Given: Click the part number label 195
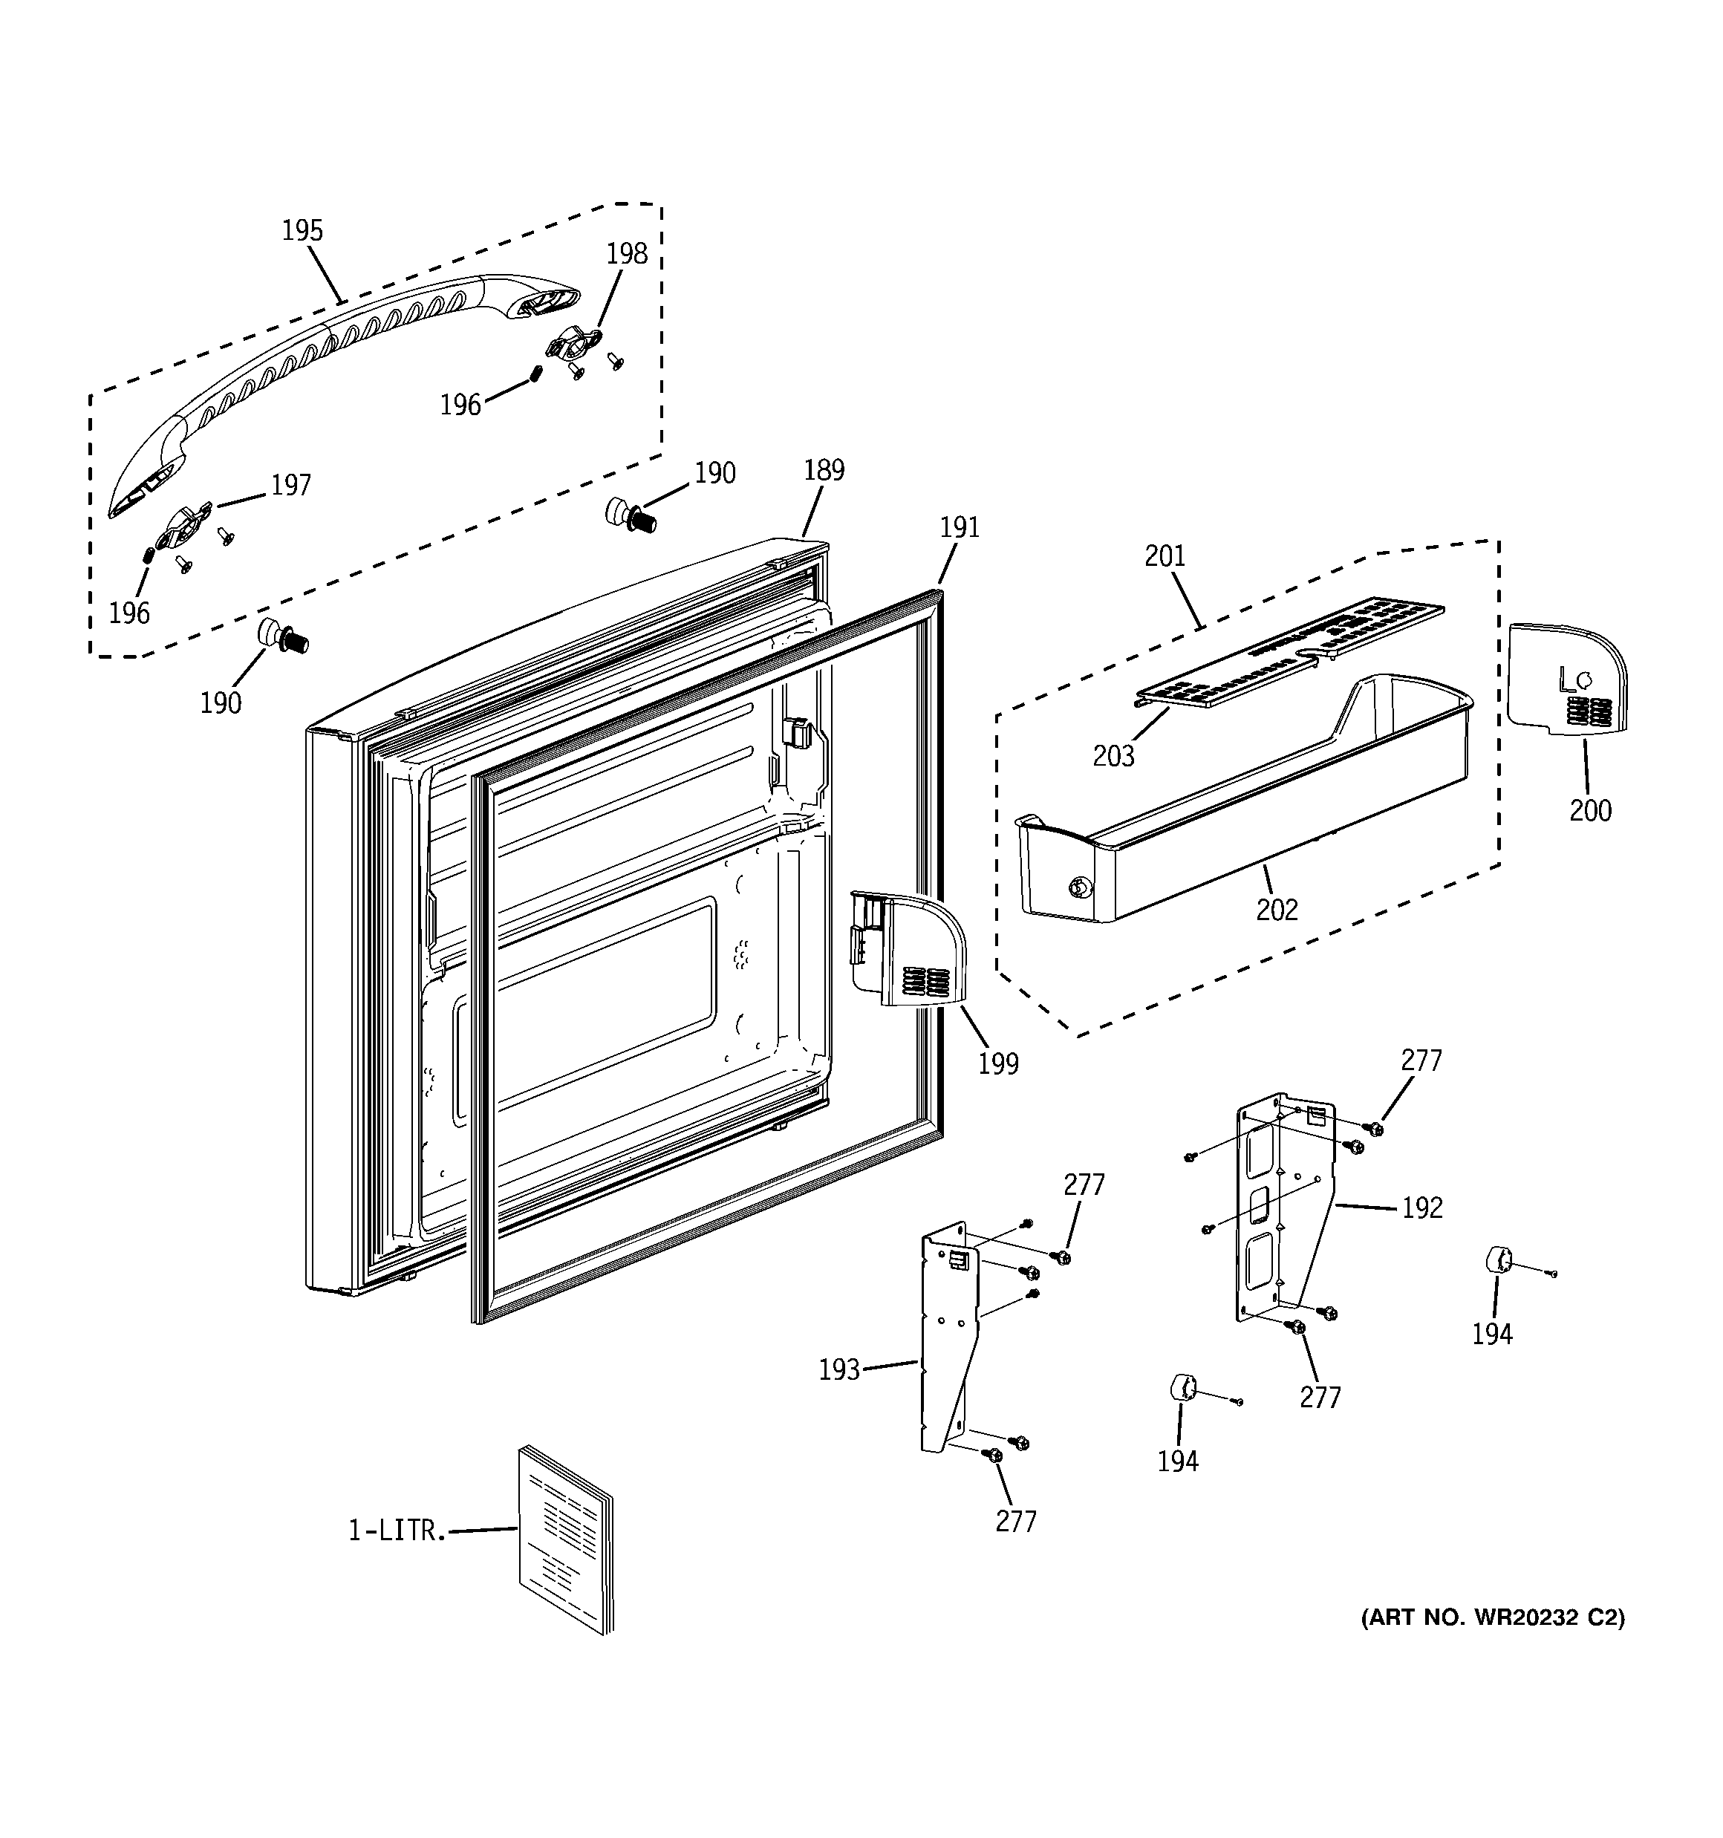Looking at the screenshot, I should [302, 230].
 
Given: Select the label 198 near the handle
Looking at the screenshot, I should [626, 253].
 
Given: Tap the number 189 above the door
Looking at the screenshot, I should [823, 471].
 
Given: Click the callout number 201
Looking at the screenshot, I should [1165, 556].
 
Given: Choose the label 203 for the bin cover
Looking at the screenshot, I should [1113, 756].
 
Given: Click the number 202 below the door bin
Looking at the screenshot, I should [1277, 910].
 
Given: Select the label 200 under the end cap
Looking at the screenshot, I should [1590, 811].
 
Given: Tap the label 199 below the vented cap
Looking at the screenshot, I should [998, 1064].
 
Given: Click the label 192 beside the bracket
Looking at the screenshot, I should [1421, 1208].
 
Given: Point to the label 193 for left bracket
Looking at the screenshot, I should [838, 1369].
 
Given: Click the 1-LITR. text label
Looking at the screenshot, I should [397, 1530].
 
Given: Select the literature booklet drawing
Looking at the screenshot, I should [565, 1539].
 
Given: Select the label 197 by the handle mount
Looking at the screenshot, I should [290, 486].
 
